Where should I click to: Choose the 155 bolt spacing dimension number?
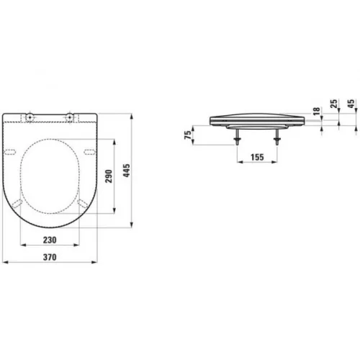click(x=253, y=155)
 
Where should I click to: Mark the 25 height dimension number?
click(x=334, y=105)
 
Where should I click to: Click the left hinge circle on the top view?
click(x=30, y=117)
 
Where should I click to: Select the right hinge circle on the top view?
click(x=70, y=117)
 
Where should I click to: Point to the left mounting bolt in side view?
click(x=237, y=137)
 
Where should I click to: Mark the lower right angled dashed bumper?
click(x=82, y=204)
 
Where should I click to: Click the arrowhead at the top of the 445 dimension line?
click(x=132, y=114)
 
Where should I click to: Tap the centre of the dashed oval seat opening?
click(x=50, y=176)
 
